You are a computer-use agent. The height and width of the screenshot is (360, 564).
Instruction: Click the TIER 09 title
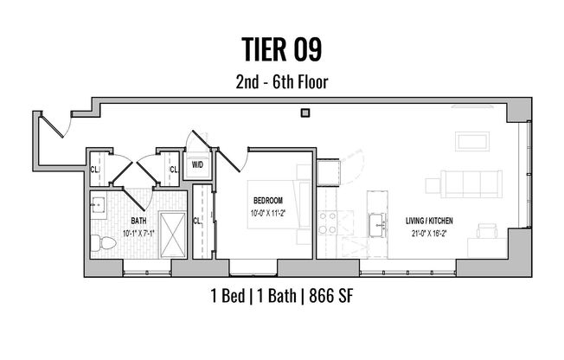coord(281,48)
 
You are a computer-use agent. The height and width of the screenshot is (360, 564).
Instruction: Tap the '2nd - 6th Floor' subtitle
coord(281,84)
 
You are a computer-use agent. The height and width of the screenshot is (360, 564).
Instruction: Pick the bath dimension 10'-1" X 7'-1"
coord(138,232)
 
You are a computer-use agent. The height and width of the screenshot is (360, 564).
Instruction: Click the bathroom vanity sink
coord(98,206)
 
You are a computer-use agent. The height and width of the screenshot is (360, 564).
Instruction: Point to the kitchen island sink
coord(377,227)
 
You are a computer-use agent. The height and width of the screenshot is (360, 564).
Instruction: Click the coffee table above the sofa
coord(473,142)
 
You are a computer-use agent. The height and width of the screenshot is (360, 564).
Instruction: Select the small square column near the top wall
coord(304,112)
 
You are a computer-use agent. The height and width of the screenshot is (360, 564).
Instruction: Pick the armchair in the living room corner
coord(486,232)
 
